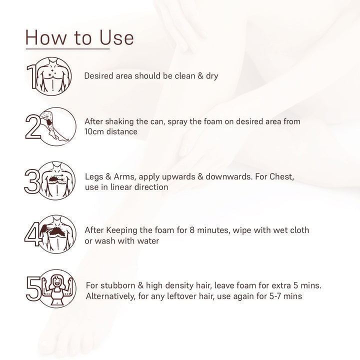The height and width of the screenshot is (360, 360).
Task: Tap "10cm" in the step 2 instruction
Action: [x=95, y=131]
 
